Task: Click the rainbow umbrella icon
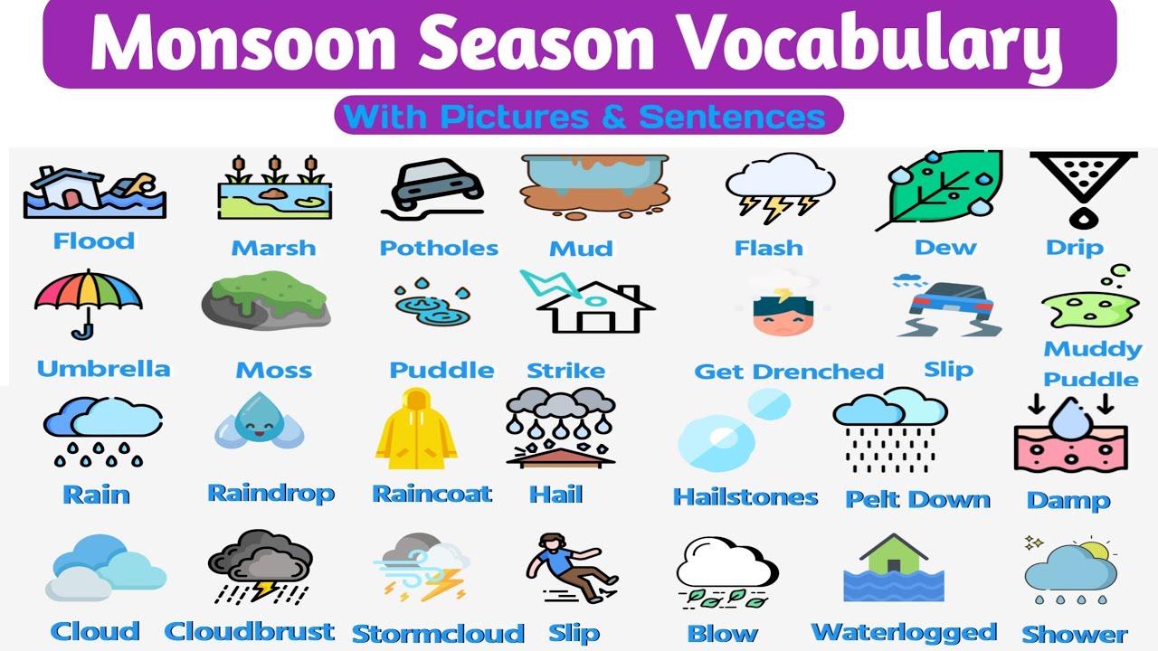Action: [x=88, y=298]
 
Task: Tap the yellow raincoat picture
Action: [x=416, y=429]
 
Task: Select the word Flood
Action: [x=94, y=241]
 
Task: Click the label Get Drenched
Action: [x=788, y=371]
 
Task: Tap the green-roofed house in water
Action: [x=894, y=565]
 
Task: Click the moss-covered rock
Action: [x=265, y=303]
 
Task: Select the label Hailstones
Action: [x=745, y=496]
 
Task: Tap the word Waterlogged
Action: [x=904, y=632]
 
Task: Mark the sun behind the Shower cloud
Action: [x=1096, y=550]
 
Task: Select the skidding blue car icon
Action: [x=948, y=307]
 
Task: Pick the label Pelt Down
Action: [x=917, y=499]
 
